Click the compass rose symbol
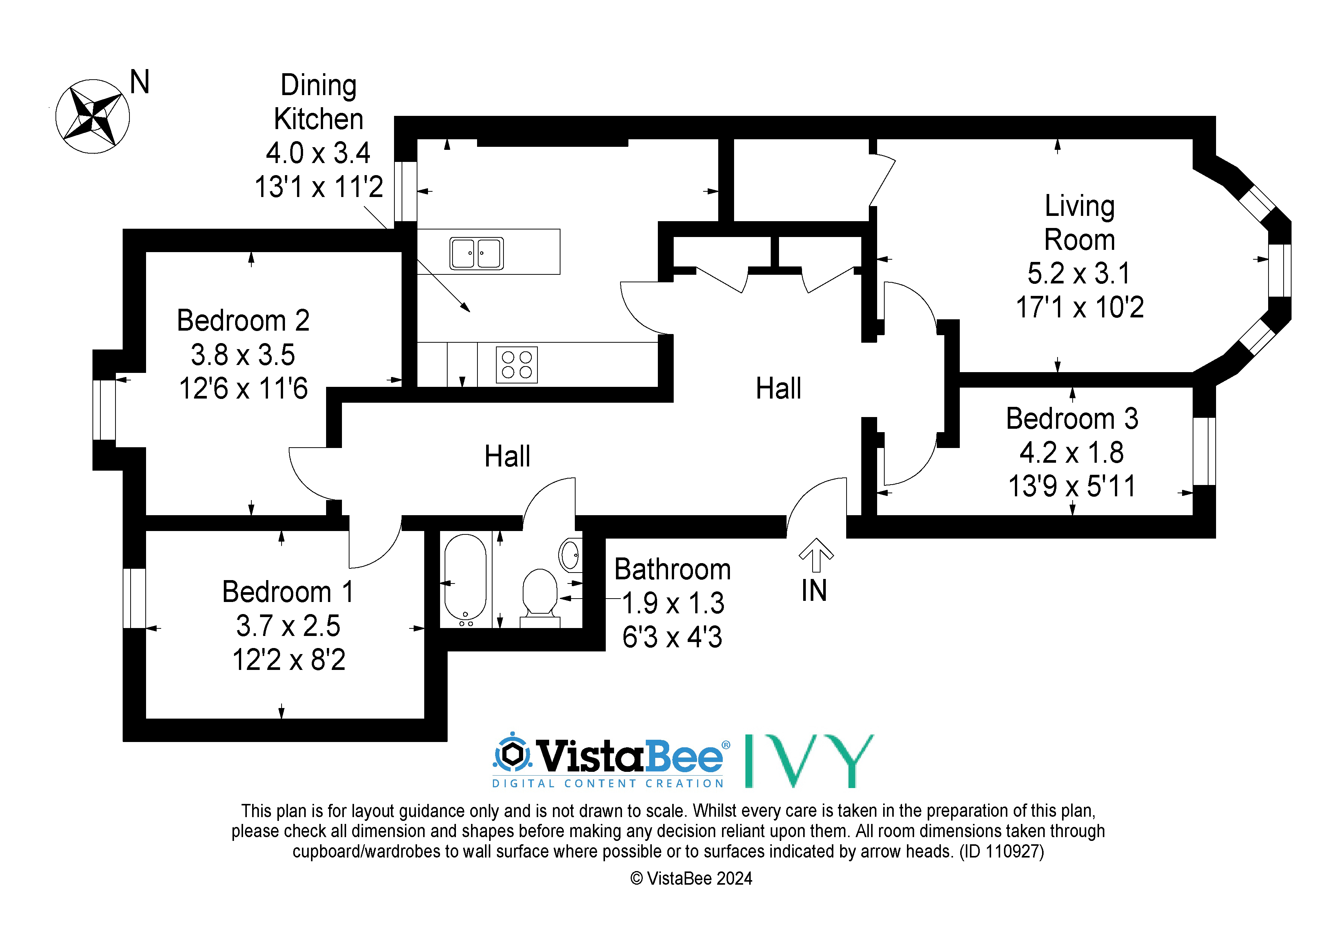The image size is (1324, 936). tap(92, 117)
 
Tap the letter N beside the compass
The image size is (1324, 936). tap(140, 82)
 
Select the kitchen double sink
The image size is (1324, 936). tap(476, 253)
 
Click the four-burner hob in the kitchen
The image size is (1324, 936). tap(517, 365)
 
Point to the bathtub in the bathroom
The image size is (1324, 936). tap(465, 580)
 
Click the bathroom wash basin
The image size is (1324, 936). tap(570, 555)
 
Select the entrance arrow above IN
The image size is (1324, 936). tap(816, 555)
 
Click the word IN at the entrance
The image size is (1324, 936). tap(814, 591)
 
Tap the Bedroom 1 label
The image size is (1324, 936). tap(288, 592)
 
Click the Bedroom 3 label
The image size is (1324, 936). tap(1072, 419)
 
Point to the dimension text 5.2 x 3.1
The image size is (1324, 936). tap(1079, 273)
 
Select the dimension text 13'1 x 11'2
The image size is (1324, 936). tap(319, 187)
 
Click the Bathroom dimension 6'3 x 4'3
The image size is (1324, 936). tap(673, 637)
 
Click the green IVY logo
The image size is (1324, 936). tap(810, 760)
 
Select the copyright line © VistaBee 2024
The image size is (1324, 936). tap(691, 878)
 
